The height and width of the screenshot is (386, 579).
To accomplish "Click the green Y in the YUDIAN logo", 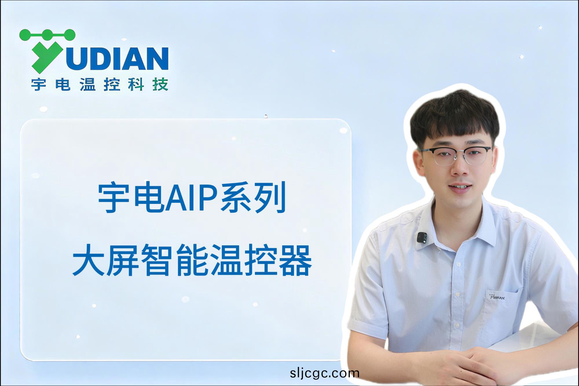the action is point(45,56).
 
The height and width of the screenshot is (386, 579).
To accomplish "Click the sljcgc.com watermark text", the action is point(325,373).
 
